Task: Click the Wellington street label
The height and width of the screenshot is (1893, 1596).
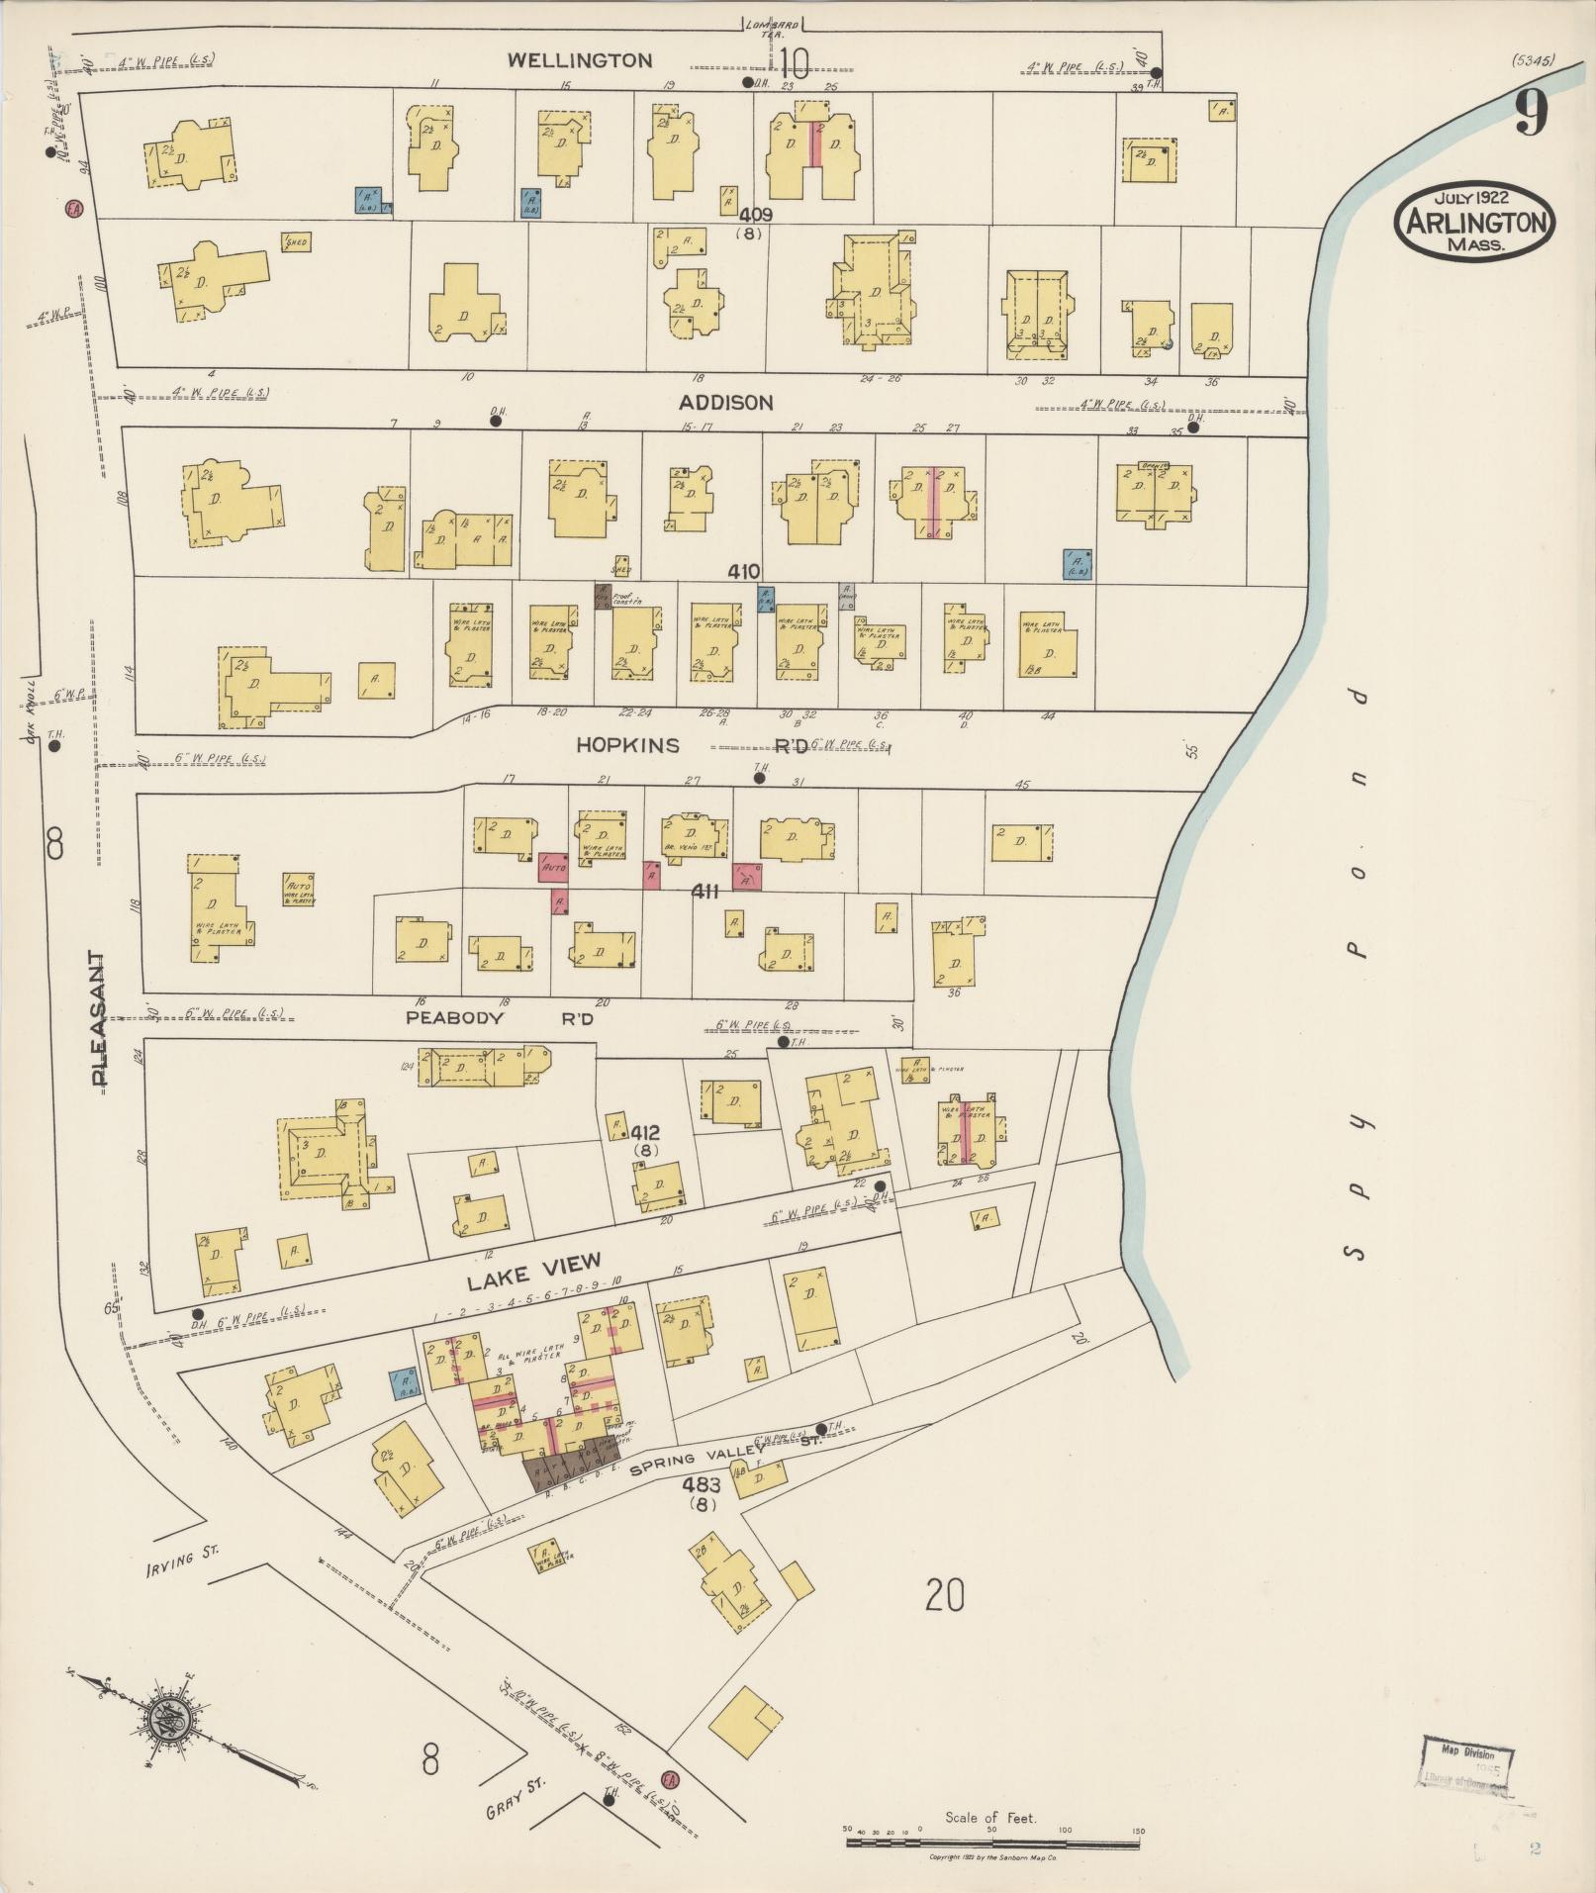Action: pos(580,60)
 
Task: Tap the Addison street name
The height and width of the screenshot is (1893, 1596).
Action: pos(725,403)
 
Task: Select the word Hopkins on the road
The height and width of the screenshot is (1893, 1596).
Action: pos(628,745)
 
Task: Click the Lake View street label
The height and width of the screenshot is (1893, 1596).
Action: pos(533,1271)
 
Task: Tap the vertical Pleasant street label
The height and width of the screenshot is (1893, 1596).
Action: pos(98,1019)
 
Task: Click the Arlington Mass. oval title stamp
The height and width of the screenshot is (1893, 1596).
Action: pos(1474,222)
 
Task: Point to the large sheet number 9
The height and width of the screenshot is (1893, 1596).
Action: pos(1530,114)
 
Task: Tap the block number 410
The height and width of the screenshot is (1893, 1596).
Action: pos(743,571)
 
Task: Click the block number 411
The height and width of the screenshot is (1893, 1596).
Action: pos(704,892)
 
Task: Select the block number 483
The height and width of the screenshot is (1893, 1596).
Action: pos(701,1485)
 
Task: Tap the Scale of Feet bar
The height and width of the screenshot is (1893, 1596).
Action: pos(994,1843)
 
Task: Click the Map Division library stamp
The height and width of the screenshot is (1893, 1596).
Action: pos(1467,1764)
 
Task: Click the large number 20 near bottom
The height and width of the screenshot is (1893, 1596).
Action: pos(944,1595)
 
